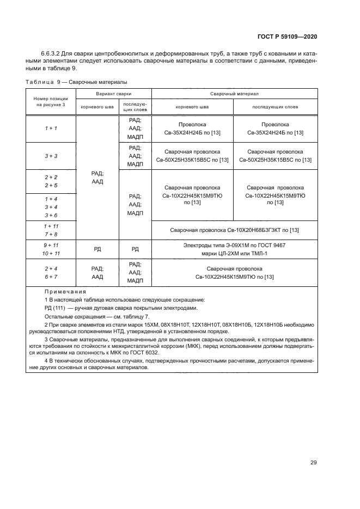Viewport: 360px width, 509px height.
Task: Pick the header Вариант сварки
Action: pos(114,94)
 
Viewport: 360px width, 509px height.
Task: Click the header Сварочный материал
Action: pos(234,94)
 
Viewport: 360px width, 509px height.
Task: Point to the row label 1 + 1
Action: pos(51,128)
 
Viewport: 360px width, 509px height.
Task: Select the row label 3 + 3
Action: pos(51,156)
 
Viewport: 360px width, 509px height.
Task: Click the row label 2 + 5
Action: pos(51,186)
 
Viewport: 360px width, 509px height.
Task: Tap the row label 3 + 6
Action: pos(51,214)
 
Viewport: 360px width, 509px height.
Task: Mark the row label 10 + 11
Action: pos(51,253)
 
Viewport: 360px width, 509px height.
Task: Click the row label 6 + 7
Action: pos(51,277)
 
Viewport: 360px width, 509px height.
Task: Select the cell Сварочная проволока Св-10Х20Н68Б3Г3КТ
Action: pos(234,230)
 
